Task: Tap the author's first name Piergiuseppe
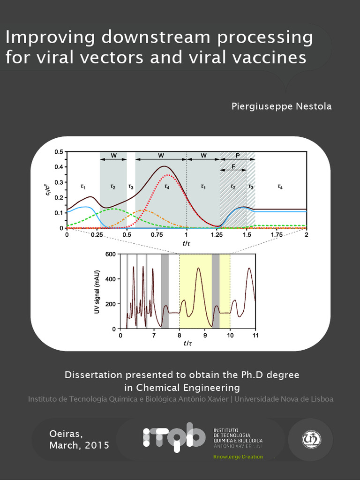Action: coord(262,106)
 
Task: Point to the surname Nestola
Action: coord(313,106)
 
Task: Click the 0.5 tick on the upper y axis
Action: coord(59,152)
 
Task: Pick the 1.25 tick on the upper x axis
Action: coord(217,234)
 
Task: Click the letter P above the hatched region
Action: coord(238,155)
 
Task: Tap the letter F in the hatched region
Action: coord(233,167)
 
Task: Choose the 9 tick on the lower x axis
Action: coord(205,336)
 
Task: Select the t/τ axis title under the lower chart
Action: coord(188,344)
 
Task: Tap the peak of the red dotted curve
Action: coord(167,175)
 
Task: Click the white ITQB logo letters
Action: coord(174,437)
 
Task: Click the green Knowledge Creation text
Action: coord(238,457)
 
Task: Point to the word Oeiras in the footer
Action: coord(66,433)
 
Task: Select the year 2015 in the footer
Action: coord(97,445)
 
